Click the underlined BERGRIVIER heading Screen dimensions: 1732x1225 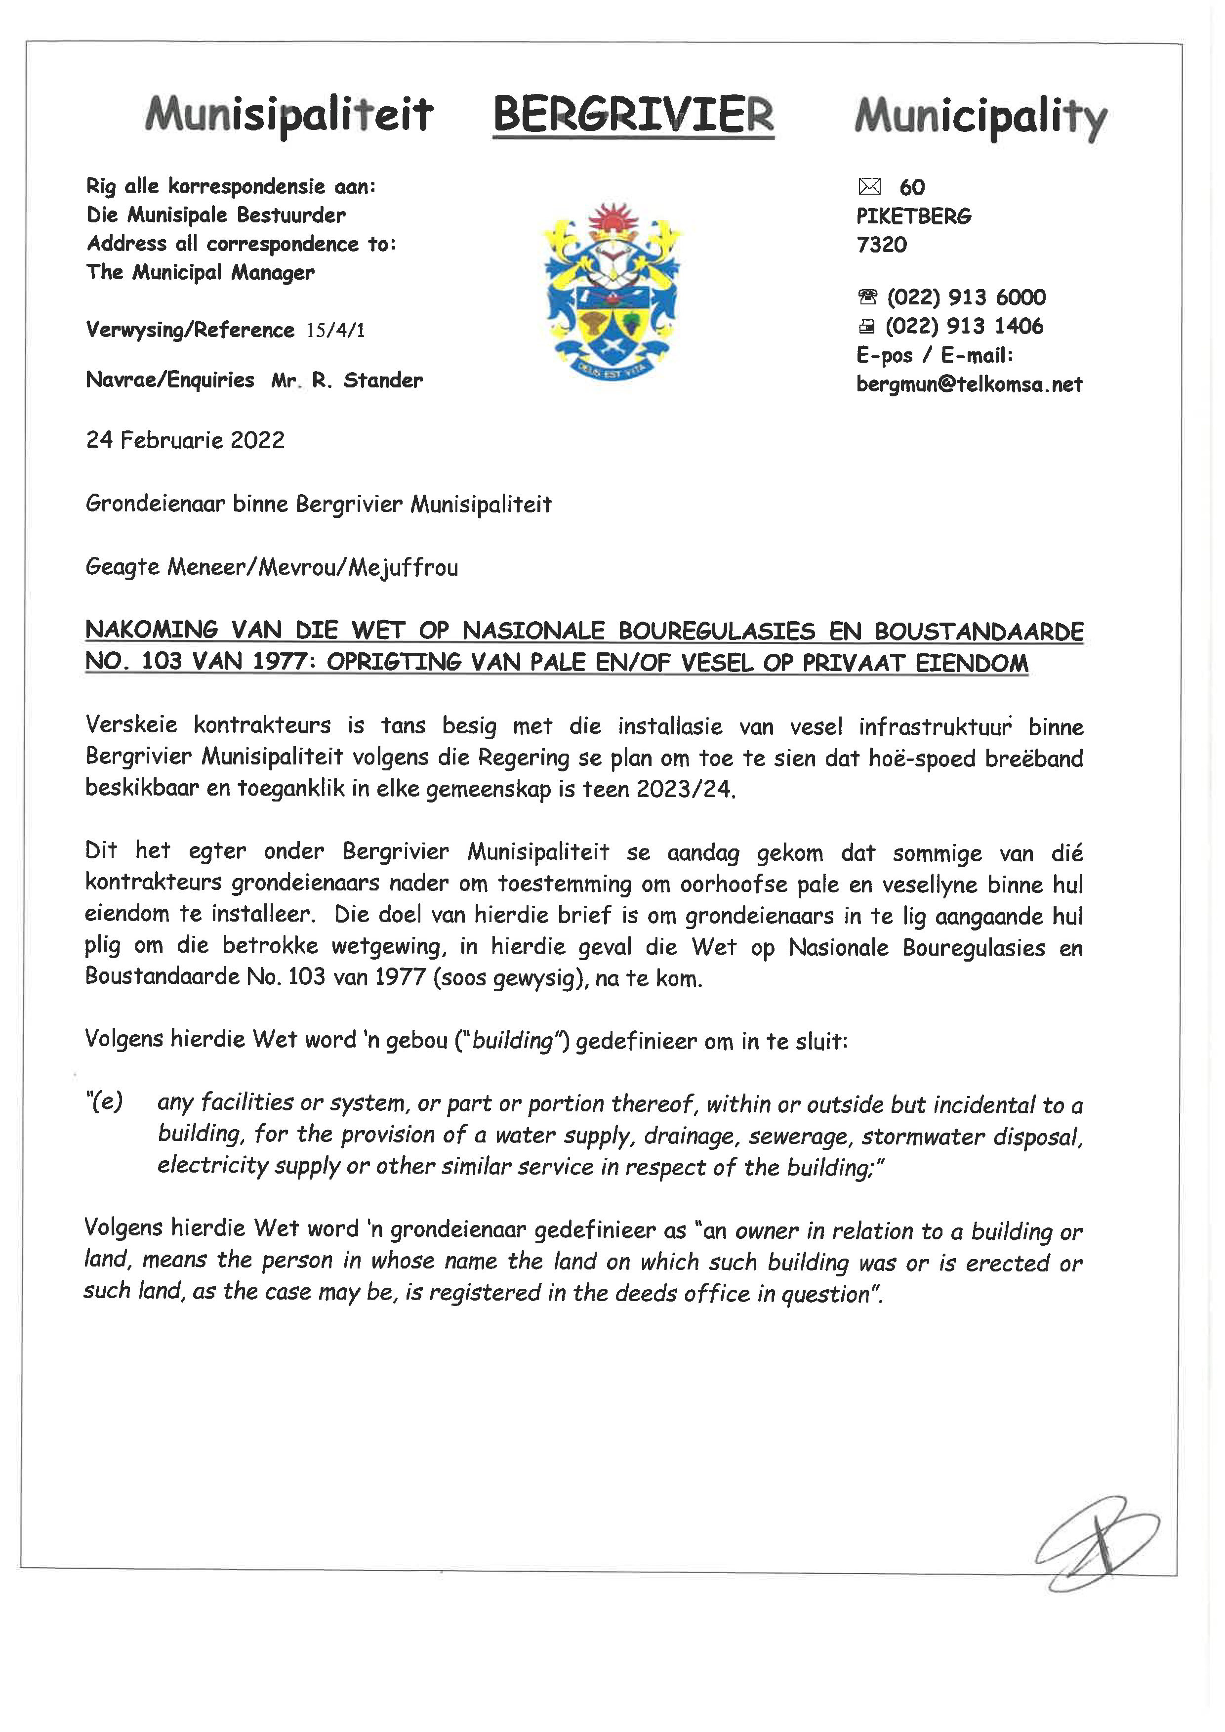[x=633, y=116]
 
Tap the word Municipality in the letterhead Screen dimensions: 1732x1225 [x=980, y=118]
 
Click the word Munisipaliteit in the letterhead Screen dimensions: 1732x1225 [x=289, y=116]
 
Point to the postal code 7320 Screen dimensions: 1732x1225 [x=881, y=245]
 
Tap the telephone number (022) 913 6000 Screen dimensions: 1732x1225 [x=966, y=297]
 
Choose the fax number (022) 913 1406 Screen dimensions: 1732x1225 [x=964, y=326]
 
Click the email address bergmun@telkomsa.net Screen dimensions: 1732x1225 [x=969, y=384]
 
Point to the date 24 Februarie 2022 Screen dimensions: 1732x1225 [x=186, y=440]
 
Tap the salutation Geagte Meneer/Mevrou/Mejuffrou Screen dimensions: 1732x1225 [x=272, y=567]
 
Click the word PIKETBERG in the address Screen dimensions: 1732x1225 [x=913, y=216]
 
